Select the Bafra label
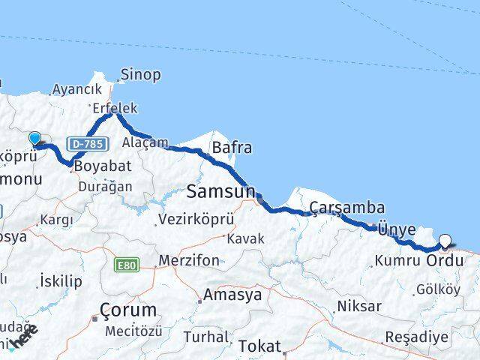coord(232,147)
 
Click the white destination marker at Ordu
coord(445,241)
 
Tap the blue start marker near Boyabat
coord(35,138)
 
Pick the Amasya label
coord(235,295)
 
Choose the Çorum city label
coord(127,309)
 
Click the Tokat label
coord(257,346)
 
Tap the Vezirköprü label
coord(196,220)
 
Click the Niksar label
coord(359,306)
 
